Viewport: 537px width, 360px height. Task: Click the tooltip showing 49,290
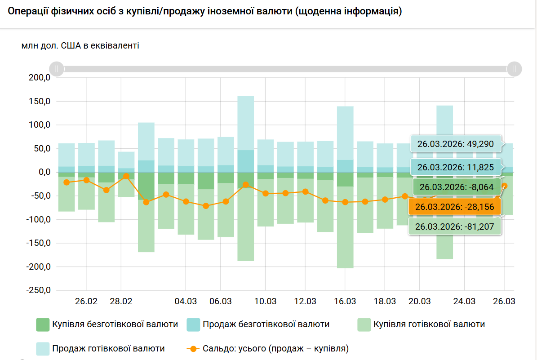tap(455, 144)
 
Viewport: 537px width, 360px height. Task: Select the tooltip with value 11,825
tap(455, 168)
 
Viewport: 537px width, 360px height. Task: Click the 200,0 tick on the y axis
tap(39, 78)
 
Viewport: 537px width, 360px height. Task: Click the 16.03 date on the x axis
tap(345, 301)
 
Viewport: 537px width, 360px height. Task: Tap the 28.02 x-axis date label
tap(121, 301)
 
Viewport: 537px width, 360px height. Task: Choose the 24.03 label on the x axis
tap(464, 301)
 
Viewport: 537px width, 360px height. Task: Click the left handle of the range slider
tap(57, 69)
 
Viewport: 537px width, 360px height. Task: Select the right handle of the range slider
tap(514, 69)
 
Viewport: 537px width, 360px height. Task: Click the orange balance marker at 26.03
tap(505, 186)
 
